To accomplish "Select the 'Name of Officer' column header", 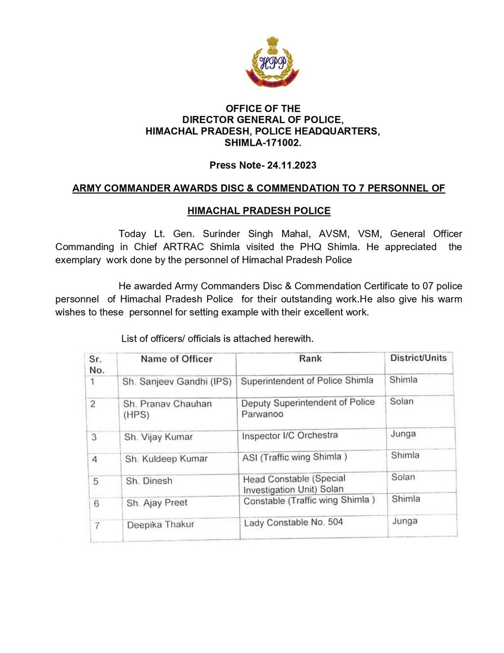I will pyautogui.click(x=177, y=359).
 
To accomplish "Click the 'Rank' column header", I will pyautogui.click(x=310, y=358).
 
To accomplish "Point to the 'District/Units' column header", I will pyautogui.click(x=419, y=358).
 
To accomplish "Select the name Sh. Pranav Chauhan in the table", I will pyautogui.click(x=167, y=404).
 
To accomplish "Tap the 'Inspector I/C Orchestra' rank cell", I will pyautogui.click(x=289, y=435).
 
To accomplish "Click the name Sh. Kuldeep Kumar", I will pyautogui.click(x=166, y=459).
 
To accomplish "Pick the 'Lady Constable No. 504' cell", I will pyautogui.click(x=294, y=523).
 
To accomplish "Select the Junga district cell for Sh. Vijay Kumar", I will pyautogui.click(x=404, y=434).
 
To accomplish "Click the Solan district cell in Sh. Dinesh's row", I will pyautogui.click(x=403, y=477).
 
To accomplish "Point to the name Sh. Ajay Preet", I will pyautogui.click(x=157, y=503).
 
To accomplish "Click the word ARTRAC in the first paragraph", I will pyautogui.click(x=181, y=246).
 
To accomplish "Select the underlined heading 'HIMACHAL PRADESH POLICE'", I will pyautogui.click(x=258, y=211).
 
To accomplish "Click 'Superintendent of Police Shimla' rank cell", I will pyautogui.click(x=307, y=380).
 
